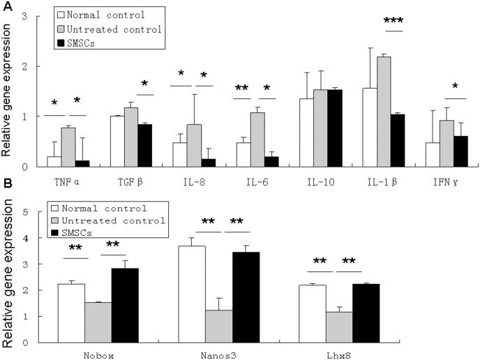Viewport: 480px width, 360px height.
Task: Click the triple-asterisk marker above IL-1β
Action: coord(394,22)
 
